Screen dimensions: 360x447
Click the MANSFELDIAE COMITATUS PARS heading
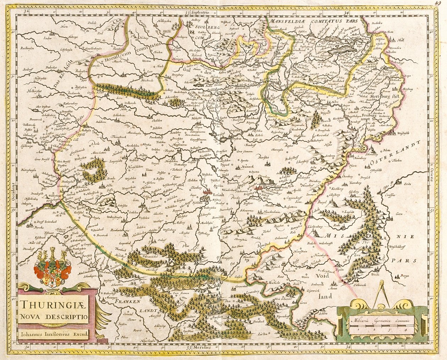click(x=312, y=21)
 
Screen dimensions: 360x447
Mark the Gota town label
click(x=137, y=200)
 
